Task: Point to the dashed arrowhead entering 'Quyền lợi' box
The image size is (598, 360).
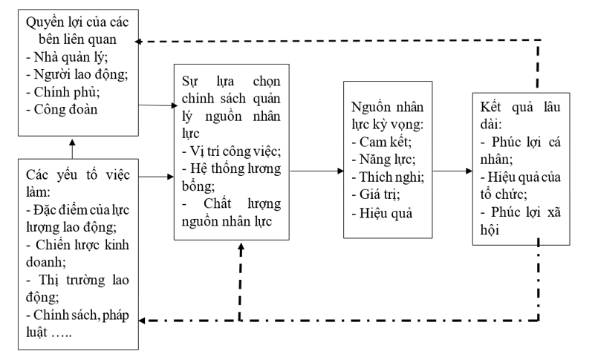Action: pos(147,41)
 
